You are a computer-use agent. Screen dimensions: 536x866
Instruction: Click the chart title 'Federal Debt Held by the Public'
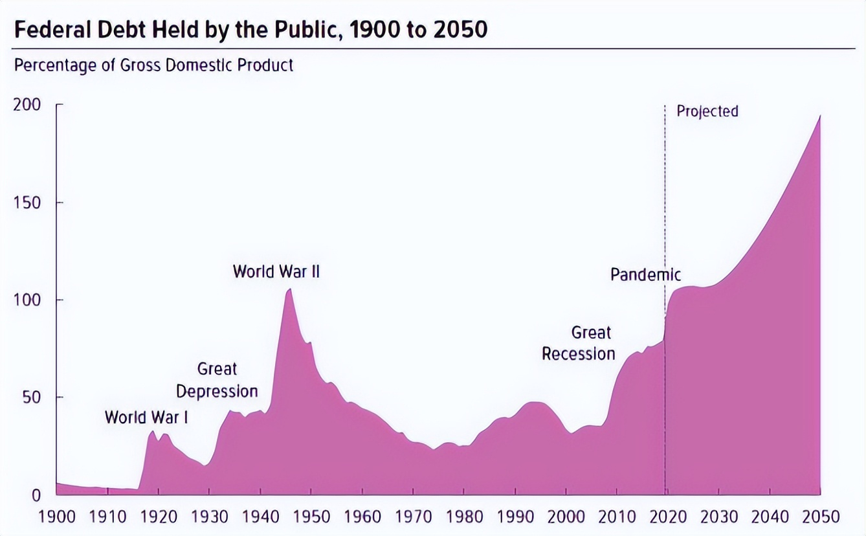click(x=250, y=30)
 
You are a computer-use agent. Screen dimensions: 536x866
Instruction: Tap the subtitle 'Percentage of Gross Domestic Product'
click(x=153, y=65)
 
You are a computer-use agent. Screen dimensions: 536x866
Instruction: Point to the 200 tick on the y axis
click(x=27, y=105)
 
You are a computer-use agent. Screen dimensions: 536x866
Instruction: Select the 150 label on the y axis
click(x=27, y=203)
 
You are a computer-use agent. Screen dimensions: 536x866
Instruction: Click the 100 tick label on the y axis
click(x=27, y=300)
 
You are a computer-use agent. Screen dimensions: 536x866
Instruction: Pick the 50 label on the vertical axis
click(x=30, y=397)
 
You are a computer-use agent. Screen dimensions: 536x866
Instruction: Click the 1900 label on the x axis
click(x=57, y=517)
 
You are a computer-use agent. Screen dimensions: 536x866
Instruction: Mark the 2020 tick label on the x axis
click(x=668, y=517)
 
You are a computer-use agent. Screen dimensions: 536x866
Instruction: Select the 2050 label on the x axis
click(x=821, y=517)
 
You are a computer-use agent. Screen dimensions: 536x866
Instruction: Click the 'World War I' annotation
click(x=146, y=417)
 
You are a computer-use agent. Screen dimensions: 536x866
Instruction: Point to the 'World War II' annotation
click(x=276, y=271)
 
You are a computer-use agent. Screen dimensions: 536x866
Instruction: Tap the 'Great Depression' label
click(x=217, y=380)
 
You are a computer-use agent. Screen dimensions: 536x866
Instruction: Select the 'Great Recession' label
click(x=579, y=343)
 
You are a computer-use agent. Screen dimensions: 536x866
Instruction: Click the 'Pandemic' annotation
click(x=645, y=274)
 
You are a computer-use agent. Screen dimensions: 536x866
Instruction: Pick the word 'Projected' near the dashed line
click(x=707, y=111)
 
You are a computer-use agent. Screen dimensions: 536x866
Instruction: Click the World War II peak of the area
click(x=289, y=289)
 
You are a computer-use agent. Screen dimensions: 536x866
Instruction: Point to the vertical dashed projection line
click(x=665, y=194)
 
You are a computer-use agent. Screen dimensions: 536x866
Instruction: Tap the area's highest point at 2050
click(x=820, y=117)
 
